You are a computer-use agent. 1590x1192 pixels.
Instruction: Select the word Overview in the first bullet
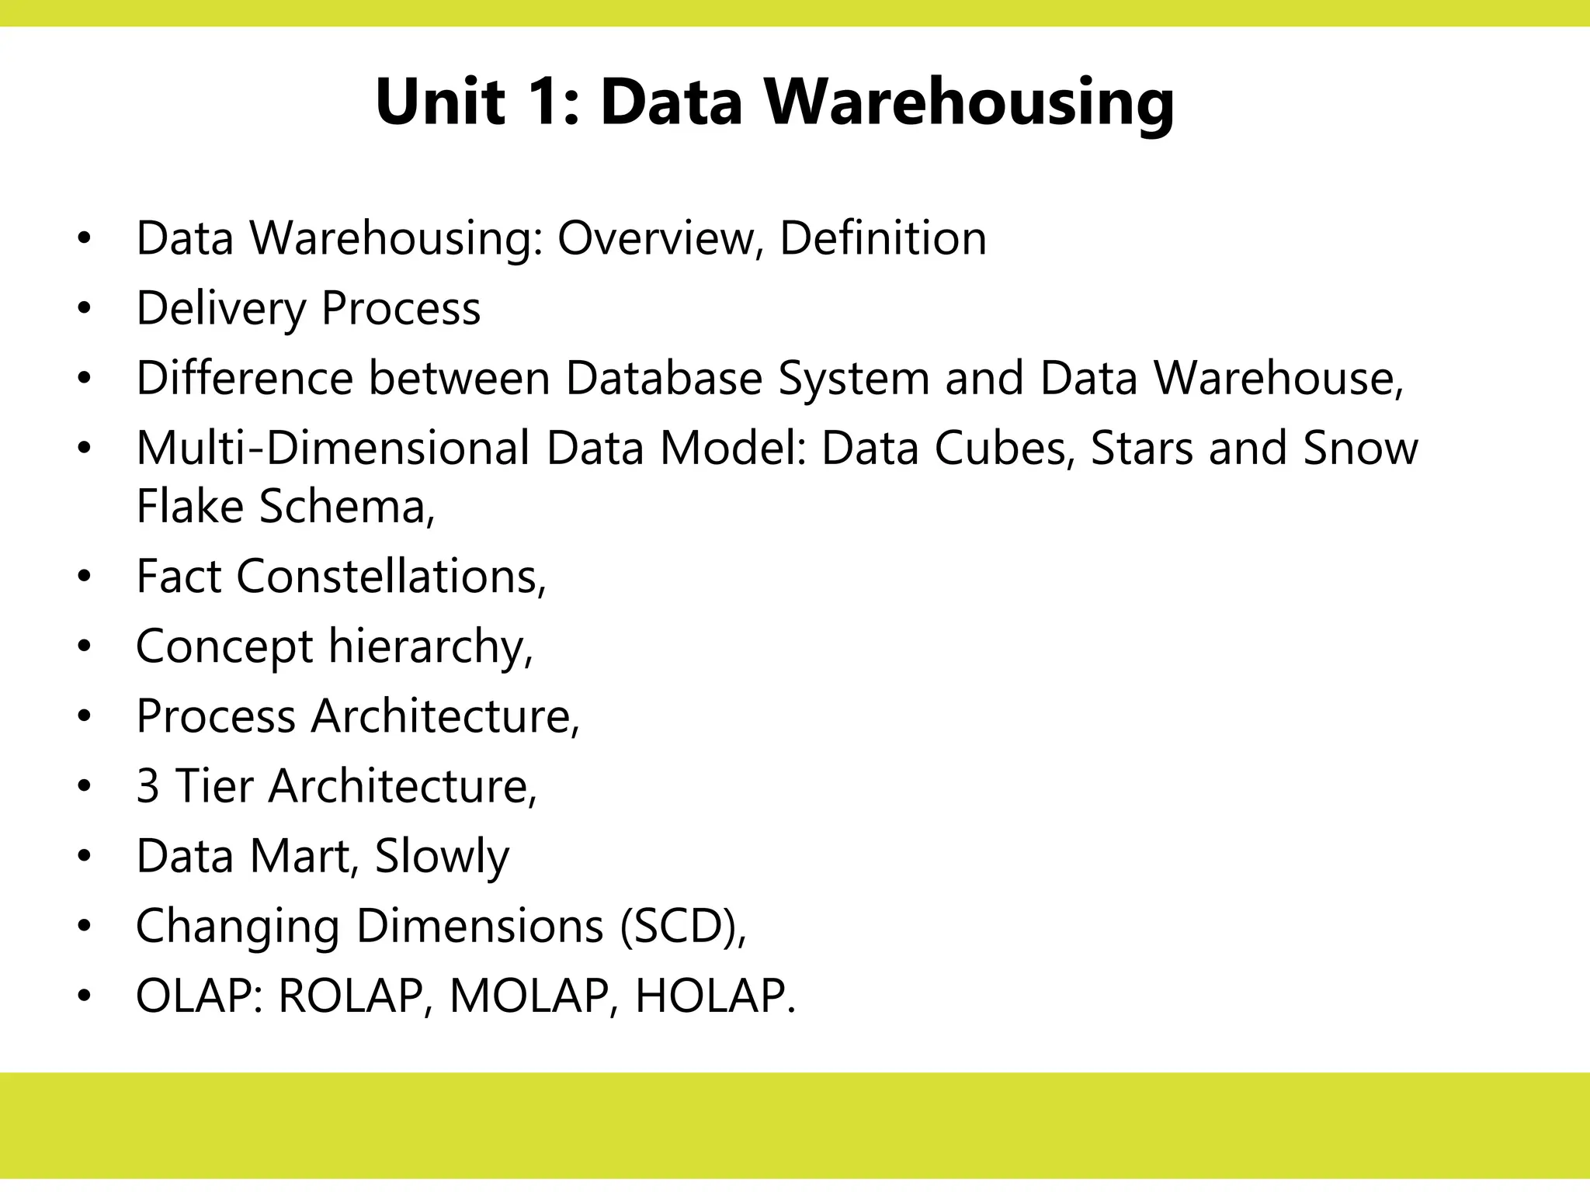click(656, 238)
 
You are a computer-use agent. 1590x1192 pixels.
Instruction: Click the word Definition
click(883, 238)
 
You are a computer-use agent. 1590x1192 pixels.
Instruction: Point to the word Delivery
click(221, 309)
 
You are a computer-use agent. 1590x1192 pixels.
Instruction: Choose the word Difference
click(244, 379)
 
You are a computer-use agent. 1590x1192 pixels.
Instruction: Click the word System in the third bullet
click(853, 379)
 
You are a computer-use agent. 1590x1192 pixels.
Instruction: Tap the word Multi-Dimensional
click(333, 449)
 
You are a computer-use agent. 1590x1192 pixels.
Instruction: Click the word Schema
click(345, 507)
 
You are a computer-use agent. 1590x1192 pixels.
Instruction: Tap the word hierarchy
click(429, 647)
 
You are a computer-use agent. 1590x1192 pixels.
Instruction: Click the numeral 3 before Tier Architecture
click(148, 786)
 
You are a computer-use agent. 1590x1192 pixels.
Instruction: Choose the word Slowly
click(442, 858)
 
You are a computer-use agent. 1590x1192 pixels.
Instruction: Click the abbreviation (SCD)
click(682, 927)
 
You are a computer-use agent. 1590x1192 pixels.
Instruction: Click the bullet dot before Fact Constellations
click(84, 577)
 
